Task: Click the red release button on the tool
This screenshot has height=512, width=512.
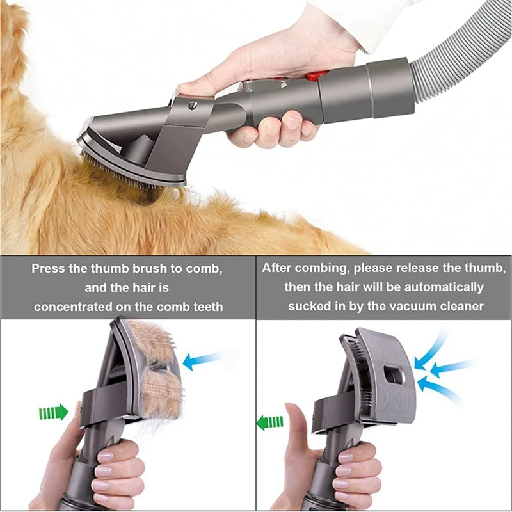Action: coord(314,76)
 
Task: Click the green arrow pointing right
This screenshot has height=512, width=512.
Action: coord(53,412)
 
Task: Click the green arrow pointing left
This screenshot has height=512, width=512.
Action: coord(269,422)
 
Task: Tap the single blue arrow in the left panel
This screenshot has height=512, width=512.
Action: coord(202,360)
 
